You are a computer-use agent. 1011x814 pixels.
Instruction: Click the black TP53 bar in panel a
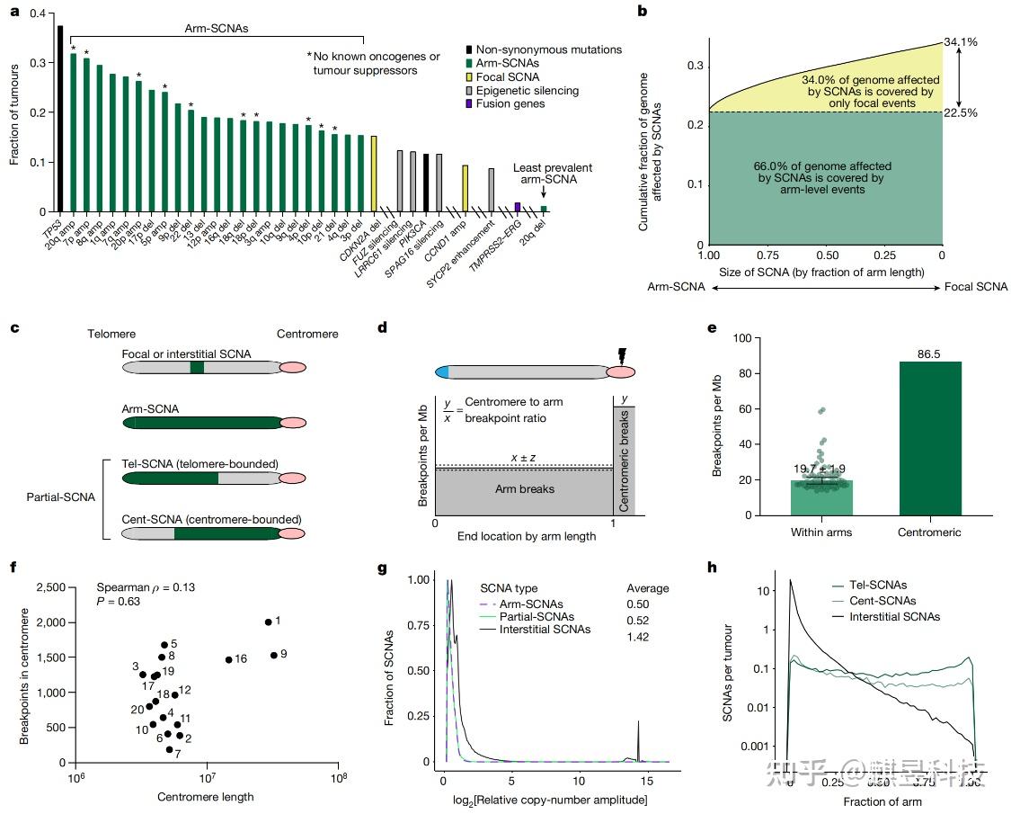(60, 118)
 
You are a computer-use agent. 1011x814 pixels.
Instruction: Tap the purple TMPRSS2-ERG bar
(518, 207)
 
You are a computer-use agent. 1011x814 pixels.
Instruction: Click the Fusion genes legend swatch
(471, 104)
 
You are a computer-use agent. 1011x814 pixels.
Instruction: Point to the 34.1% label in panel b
(959, 42)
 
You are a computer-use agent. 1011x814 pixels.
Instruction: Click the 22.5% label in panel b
(959, 112)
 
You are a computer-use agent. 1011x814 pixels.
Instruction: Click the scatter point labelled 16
(228, 659)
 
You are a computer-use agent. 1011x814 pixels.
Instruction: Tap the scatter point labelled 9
(273, 655)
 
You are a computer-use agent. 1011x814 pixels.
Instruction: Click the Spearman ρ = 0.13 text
(146, 587)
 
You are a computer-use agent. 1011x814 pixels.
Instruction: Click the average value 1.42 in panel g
(637, 637)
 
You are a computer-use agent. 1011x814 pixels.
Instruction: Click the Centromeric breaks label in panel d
(624, 458)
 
